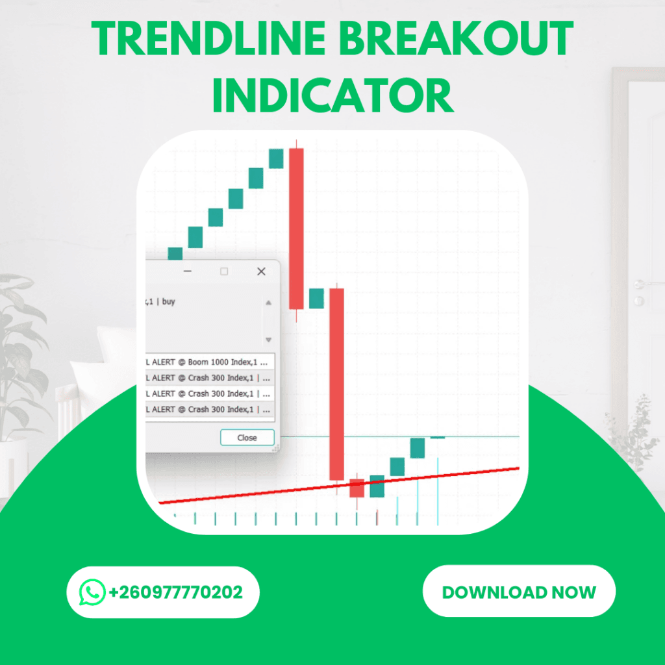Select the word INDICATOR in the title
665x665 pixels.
tap(332, 95)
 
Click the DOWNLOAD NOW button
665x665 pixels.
tap(519, 592)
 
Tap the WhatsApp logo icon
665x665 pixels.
tap(92, 592)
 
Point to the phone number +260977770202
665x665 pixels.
tap(176, 592)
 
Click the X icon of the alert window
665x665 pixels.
tap(261, 271)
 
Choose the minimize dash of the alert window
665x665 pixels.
tap(188, 271)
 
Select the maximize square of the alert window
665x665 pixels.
tap(224, 271)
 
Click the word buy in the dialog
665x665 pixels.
tap(169, 301)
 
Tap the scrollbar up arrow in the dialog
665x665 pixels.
tap(269, 303)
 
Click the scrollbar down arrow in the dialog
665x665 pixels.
tap(269, 340)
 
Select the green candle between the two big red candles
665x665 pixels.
tap(316, 299)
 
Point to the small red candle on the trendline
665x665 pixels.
tap(357, 488)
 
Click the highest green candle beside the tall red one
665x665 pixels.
tap(276, 158)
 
